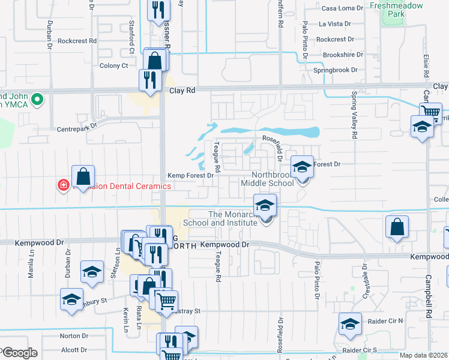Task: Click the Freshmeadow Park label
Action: coord(396,9)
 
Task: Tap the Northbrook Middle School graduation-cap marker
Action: coord(302,166)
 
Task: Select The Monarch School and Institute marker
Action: coord(265,206)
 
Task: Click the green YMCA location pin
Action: coord(37,98)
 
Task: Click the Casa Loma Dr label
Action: coord(343,8)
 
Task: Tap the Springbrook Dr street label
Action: coord(335,70)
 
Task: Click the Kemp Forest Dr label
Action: coord(190,176)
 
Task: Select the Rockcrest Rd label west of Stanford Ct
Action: coord(77,41)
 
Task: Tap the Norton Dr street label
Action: coord(74,336)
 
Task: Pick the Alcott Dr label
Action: coord(74,350)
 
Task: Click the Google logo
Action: coord(20,353)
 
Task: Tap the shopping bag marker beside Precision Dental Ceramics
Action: coord(83,176)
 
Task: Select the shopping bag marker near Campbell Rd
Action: coord(397,227)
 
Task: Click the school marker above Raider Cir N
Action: coord(350,324)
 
